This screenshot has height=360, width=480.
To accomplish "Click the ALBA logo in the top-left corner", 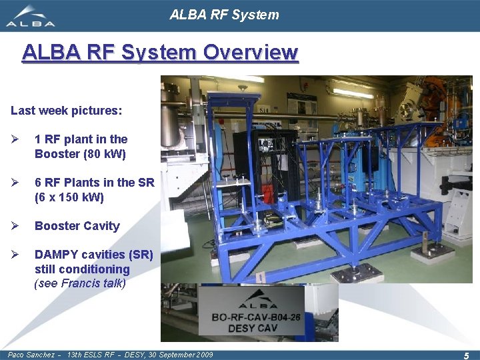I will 31,16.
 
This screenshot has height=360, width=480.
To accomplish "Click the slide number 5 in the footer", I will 466,355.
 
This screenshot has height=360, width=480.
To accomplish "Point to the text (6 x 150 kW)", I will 69,197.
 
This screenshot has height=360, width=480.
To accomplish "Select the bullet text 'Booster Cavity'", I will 77,226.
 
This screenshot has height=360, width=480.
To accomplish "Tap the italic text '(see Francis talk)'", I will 80,283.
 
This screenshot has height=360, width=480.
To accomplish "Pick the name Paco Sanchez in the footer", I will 31,355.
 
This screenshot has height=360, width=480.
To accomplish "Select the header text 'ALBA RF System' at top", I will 224,15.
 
